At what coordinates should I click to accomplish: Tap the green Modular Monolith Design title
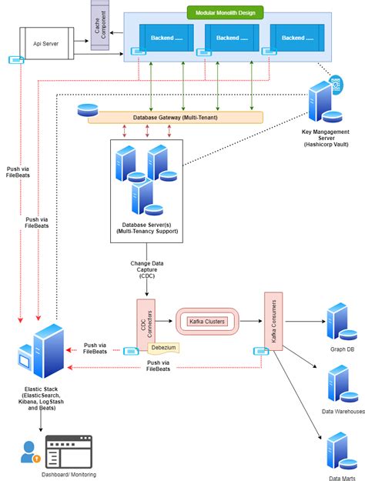pos(225,13)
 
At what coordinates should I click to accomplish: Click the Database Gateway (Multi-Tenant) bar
pos(176,117)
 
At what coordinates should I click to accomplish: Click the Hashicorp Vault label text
pos(327,144)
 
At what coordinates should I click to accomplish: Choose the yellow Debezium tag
pos(163,348)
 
